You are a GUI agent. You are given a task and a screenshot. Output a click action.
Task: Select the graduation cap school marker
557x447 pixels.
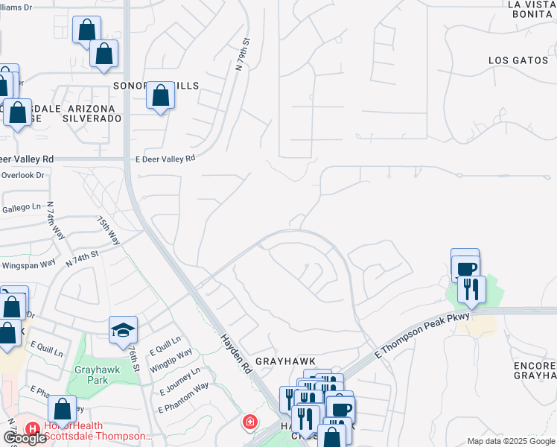pos(124,330)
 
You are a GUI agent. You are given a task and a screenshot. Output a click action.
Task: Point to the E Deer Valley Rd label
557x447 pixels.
pos(165,158)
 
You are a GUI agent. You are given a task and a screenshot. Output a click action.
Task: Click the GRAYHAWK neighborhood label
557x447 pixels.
pos(286,361)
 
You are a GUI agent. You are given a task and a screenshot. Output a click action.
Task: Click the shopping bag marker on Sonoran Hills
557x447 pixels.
pos(161,96)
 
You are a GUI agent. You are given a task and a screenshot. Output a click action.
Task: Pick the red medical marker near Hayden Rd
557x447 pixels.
pos(251,422)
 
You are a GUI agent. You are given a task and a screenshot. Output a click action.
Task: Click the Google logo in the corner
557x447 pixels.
pos(25,438)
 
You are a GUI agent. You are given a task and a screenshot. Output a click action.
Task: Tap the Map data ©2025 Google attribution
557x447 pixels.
pos(510,441)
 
